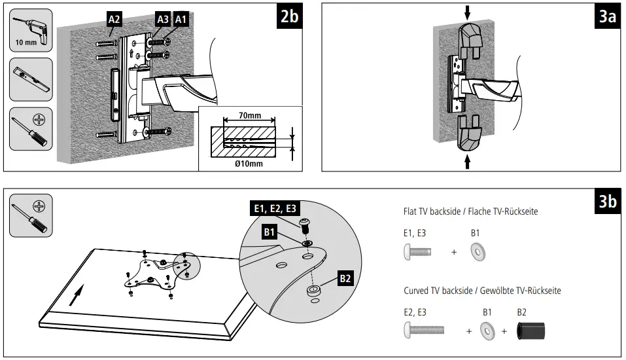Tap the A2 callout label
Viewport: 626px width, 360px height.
click(114, 20)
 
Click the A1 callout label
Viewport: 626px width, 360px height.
click(181, 20)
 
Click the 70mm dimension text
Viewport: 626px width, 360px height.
click(249, 116)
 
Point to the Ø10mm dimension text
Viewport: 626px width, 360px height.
click(249, 164)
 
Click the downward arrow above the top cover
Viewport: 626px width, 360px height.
click(468, 11)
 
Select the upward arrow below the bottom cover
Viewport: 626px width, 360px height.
click(468, 161)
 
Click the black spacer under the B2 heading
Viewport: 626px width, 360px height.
click(530, 331)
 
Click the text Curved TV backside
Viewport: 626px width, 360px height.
click(441, 291)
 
